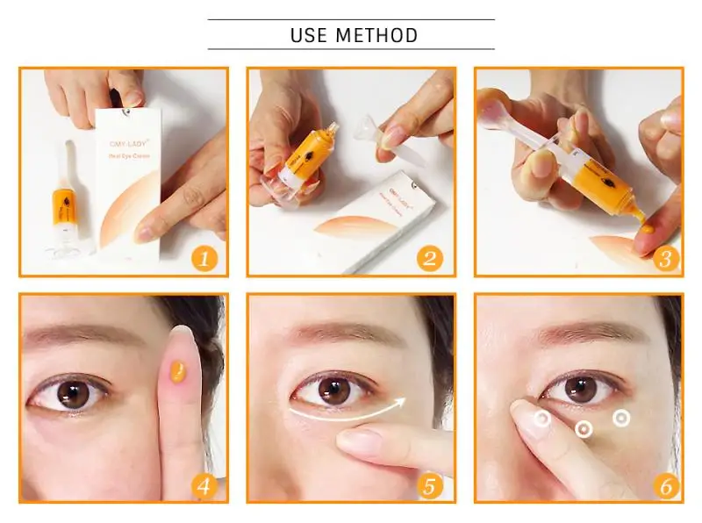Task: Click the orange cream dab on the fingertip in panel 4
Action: (x=178, y=375)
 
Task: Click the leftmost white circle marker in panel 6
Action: (x=542, y=419)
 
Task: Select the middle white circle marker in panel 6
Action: (x=583, y=429)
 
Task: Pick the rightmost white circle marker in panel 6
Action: (x=621, y=418)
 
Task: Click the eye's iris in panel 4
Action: (x=75, y=394)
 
